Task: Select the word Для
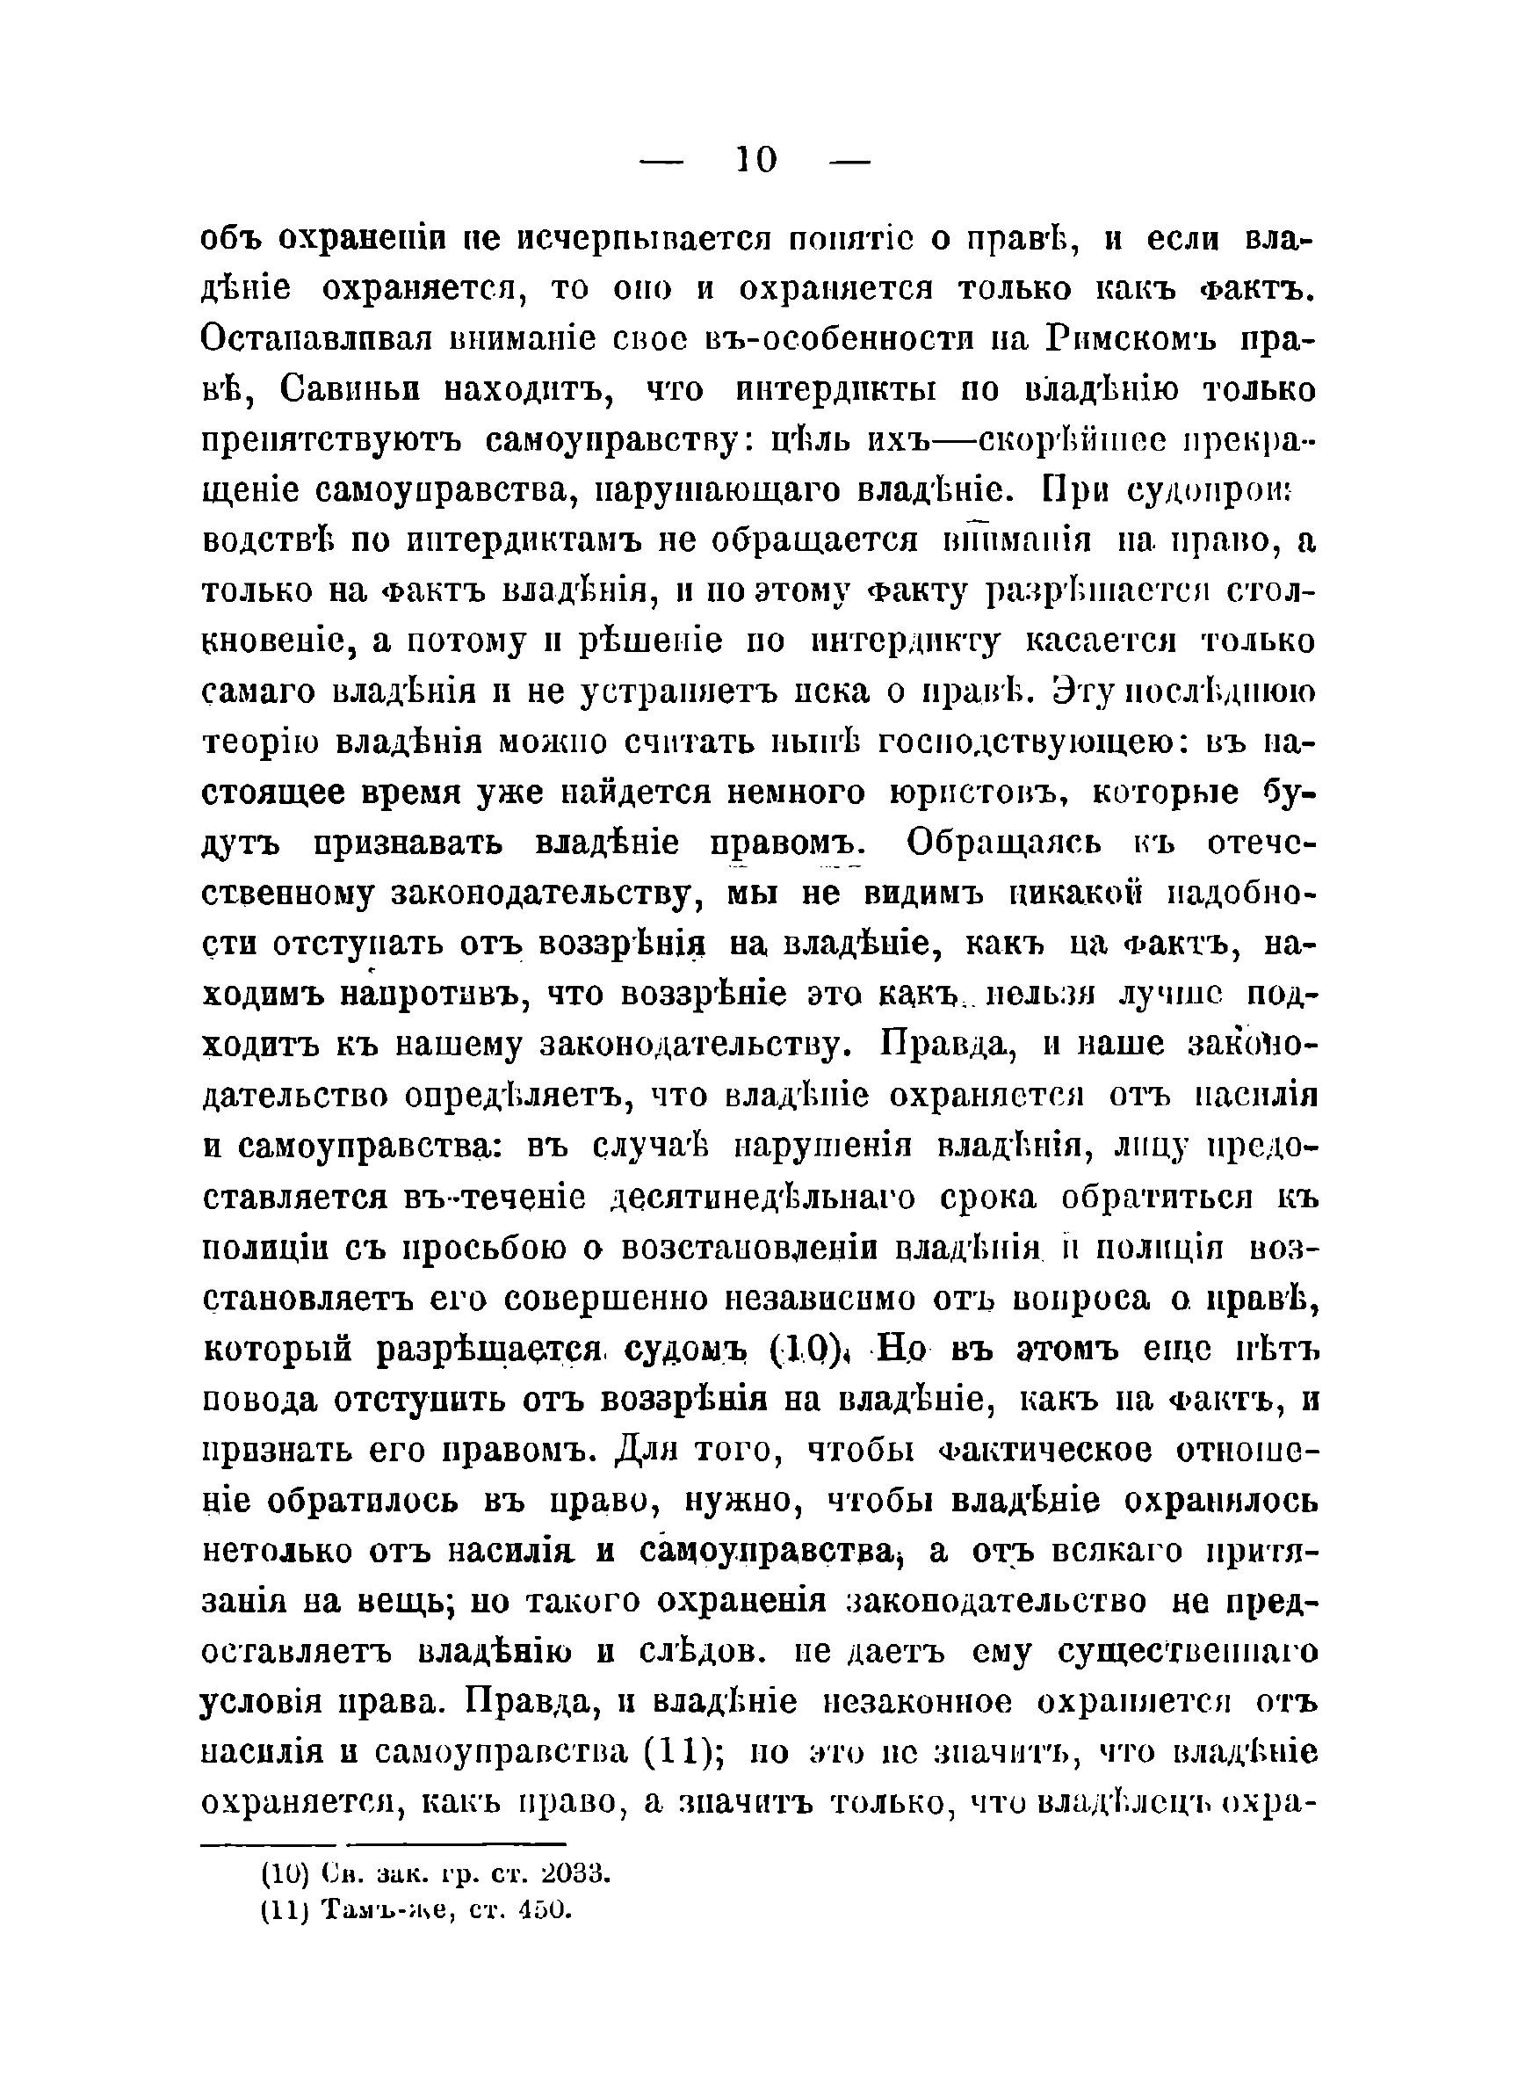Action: coord(647,1451)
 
